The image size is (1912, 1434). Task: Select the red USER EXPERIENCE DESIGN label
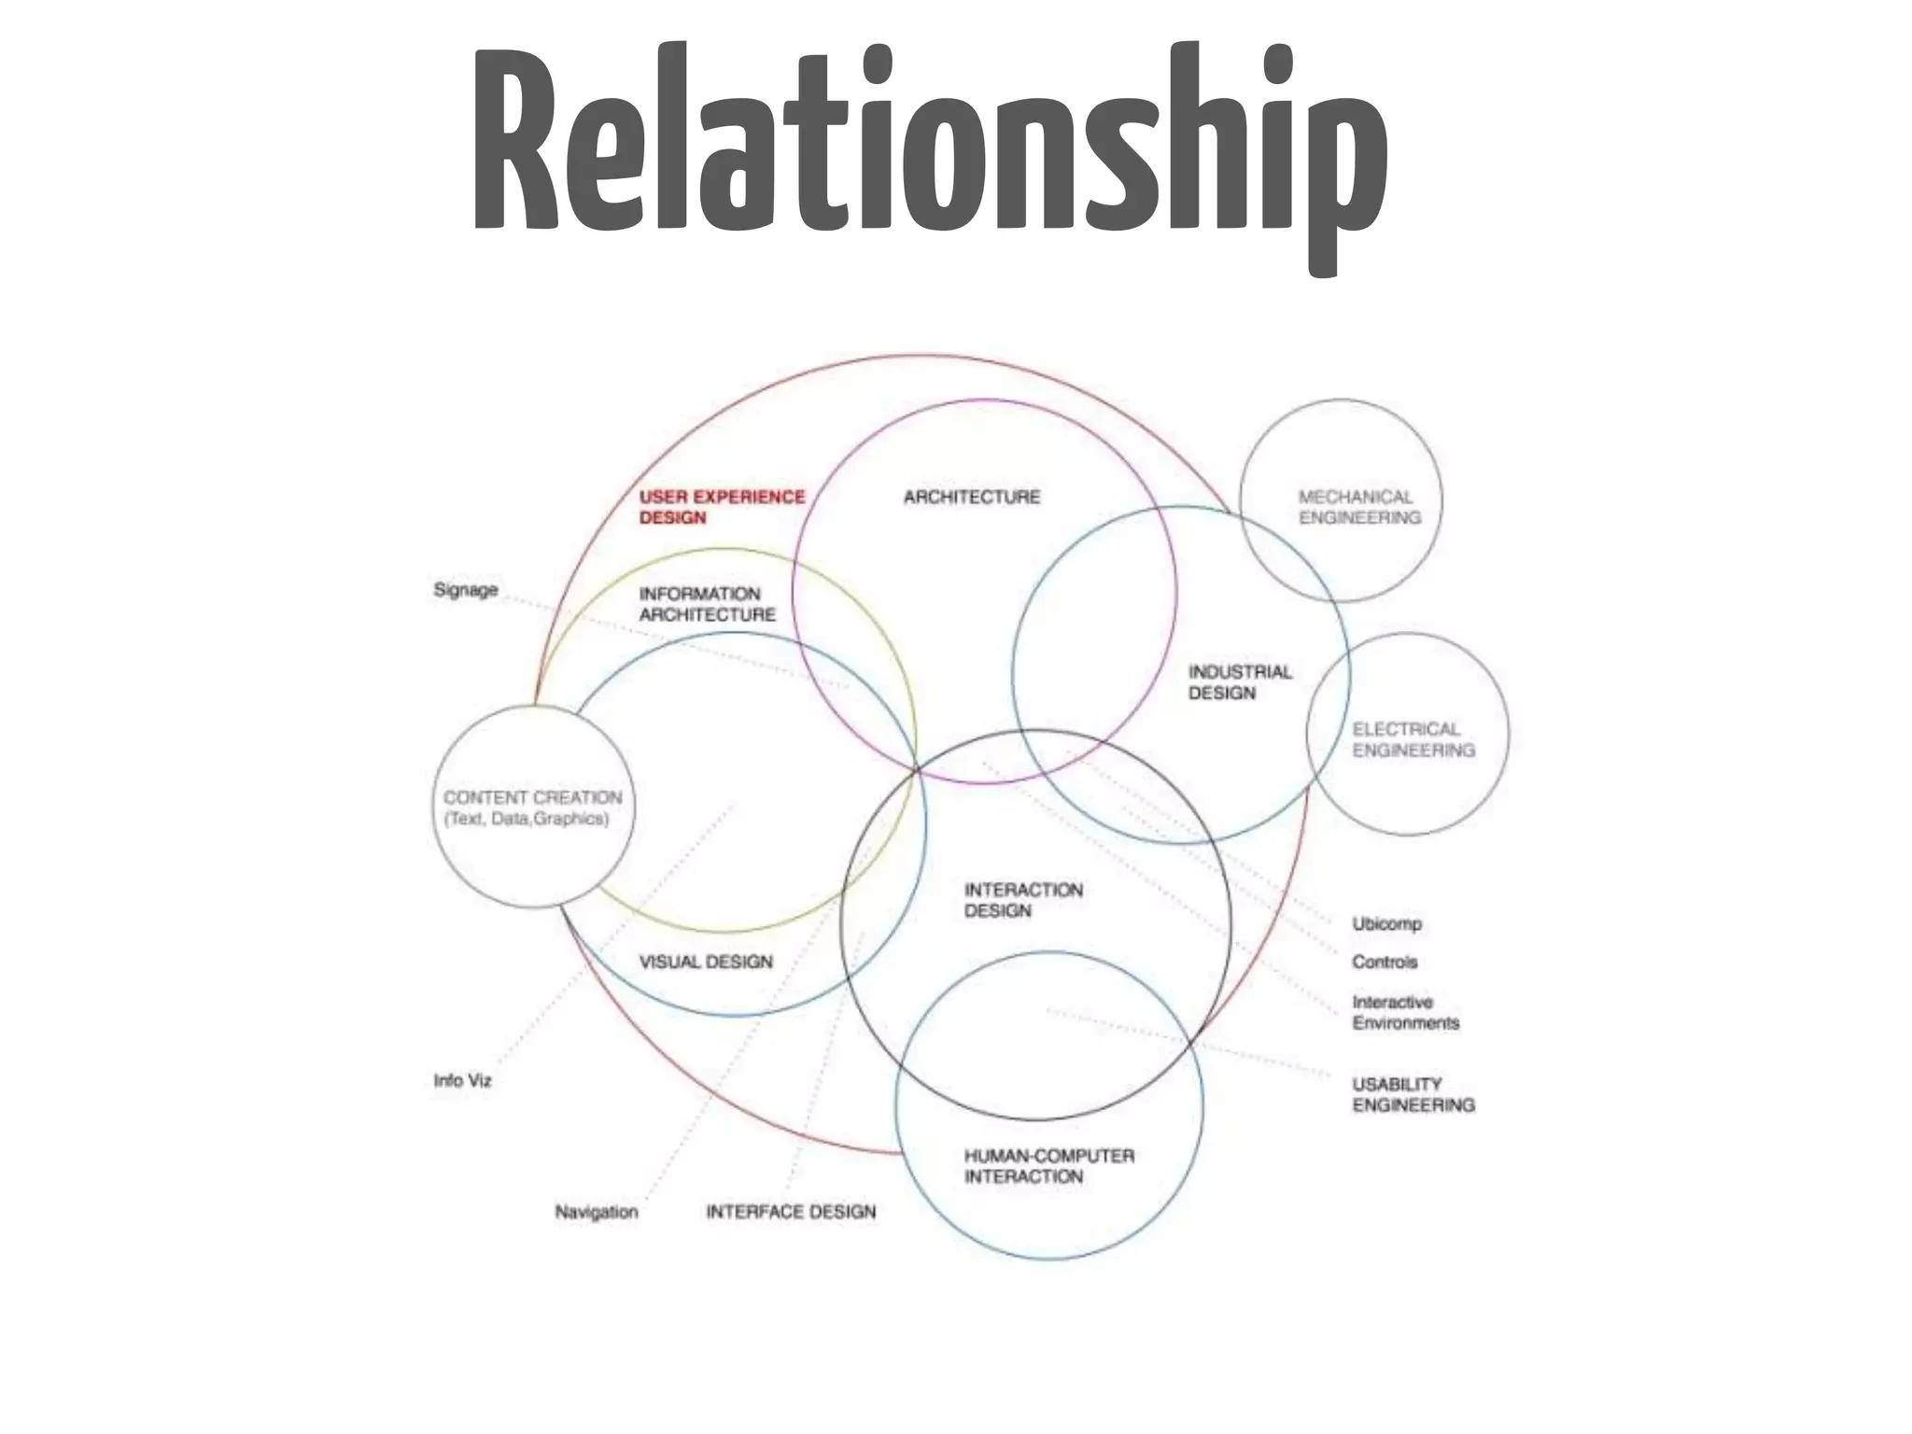721,507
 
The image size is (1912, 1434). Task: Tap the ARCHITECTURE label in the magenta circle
971,497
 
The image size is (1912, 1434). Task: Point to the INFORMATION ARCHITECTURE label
707,604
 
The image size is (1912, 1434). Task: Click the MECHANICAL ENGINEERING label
1358,507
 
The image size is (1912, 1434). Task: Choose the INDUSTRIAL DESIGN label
1239,682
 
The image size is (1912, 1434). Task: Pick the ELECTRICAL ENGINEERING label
1413,739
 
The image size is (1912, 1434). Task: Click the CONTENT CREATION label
532,797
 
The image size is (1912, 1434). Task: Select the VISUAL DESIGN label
706,962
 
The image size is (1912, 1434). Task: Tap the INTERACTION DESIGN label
1022,900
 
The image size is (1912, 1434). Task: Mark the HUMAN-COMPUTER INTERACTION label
1048,1166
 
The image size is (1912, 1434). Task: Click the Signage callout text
465,590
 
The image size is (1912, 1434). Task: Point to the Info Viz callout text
462,1080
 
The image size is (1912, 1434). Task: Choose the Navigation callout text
596,1212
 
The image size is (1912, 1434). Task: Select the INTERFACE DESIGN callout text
791,1212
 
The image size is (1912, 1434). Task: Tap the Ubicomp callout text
1386,923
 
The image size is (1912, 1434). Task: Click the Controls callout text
1385,962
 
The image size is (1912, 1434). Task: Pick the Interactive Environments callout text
1405,1012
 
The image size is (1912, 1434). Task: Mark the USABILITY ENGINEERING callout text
1413,1094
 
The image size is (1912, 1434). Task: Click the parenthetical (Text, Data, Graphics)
527,819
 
